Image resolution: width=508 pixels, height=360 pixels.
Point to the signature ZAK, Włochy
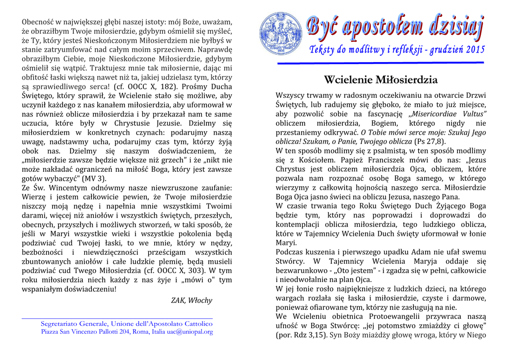[x=191, y=300]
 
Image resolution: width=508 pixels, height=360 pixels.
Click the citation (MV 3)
[x=93, y=178]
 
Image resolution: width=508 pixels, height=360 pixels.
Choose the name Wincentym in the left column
[x=70, y=188]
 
